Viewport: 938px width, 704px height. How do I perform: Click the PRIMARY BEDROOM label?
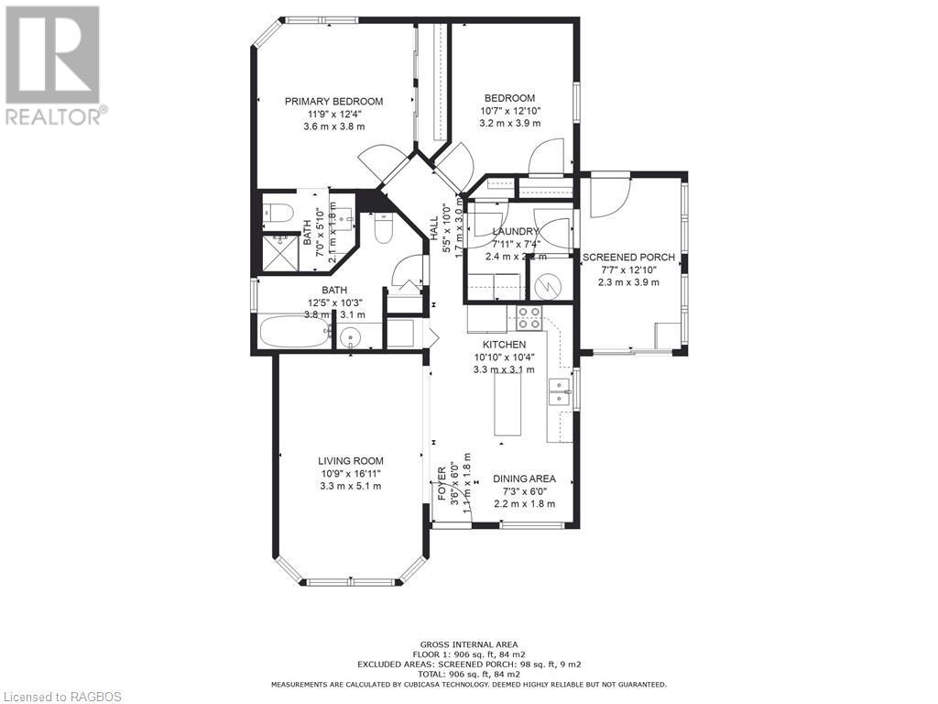(x=333, y=102)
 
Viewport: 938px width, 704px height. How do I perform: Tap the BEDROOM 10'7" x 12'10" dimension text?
(x=510, y=110)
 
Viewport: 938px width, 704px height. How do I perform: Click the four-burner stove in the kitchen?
(x=529, y=318)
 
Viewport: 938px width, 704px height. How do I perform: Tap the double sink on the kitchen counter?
(x=557, y=392)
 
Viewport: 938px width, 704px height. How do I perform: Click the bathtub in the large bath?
(x=294, y=332)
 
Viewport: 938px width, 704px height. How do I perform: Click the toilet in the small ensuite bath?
(x=278, y=214)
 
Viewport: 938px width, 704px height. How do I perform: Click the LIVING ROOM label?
(x=351, y=461)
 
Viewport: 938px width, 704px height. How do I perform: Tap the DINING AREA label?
(x=524, y=478)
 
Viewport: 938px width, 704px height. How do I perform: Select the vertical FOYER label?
(x=442, y=484)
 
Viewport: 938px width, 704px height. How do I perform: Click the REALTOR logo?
(x=54, y=65)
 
